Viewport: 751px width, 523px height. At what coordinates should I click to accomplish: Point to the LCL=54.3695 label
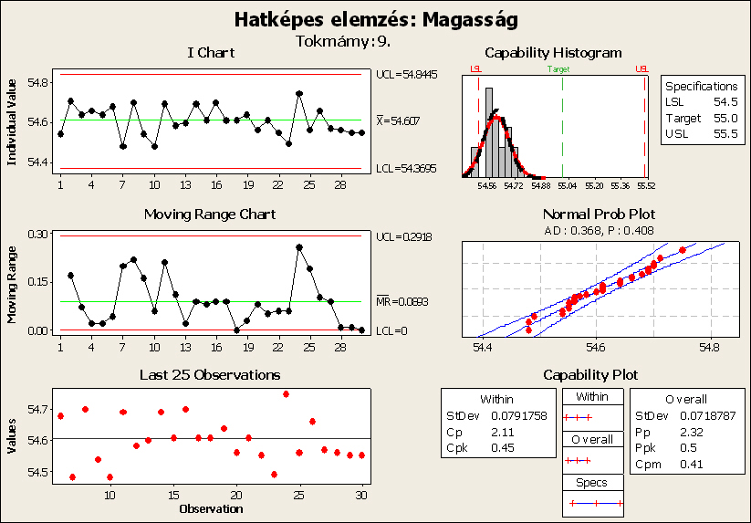[405, 169]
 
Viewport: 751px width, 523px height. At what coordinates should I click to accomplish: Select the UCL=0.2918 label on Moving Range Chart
[402, 236]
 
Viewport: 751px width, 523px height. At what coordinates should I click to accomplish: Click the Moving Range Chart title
[210, 214]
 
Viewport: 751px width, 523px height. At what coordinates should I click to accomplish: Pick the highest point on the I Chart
[299, 93]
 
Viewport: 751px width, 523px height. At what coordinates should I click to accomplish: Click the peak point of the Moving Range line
[299, 246]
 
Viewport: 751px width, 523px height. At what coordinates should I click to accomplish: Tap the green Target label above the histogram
[562, 68]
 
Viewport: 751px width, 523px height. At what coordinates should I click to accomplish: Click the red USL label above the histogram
[642, 68]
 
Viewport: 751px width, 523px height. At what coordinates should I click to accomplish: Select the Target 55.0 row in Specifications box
[699, 118]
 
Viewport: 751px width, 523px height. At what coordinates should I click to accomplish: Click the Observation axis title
[211, 507]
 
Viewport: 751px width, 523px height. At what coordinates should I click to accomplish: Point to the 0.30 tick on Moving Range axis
[38, 235]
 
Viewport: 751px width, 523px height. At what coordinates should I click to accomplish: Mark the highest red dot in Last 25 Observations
[287, 394]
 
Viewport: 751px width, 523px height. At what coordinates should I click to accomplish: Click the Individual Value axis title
[12, 120]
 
